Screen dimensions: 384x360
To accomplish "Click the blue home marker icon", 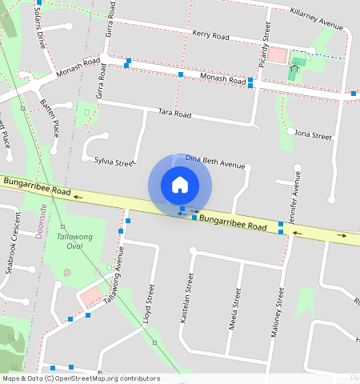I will pos(180,185).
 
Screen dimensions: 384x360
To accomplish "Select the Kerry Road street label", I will pos(211,35).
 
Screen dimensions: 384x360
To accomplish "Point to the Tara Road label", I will pos(174,114).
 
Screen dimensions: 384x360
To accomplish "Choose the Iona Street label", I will pos(313,135).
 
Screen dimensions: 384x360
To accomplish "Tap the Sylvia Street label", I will pos(114,162).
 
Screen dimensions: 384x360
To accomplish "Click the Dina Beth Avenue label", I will pos(214,162).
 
